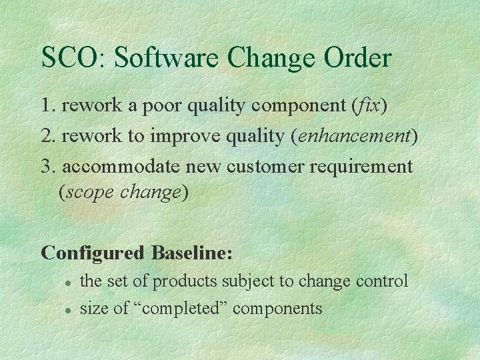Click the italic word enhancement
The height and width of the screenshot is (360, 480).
pos(353,136)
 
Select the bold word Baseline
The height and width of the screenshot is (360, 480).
pos(191,253)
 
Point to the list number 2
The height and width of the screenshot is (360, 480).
pos(47,136)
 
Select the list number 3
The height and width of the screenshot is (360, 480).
pos(47,166)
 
